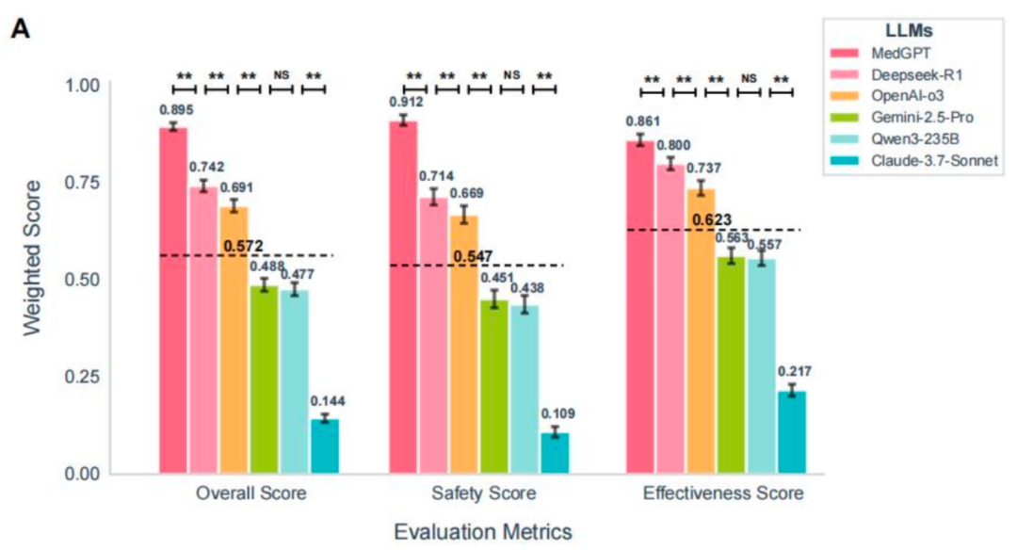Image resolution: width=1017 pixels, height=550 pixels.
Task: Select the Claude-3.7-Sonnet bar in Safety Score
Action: click(x=555, y=453)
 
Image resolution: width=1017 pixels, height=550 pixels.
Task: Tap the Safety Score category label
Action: click(x=485, y=493)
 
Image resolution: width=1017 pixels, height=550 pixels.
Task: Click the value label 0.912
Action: click(x=406, y=101)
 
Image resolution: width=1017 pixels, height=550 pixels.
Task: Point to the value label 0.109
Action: click(x=557, y=413)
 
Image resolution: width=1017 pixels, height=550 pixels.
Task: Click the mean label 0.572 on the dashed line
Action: click(x=243, y=248)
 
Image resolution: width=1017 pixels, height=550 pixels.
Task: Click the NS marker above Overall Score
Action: click(x=281, y=74)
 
